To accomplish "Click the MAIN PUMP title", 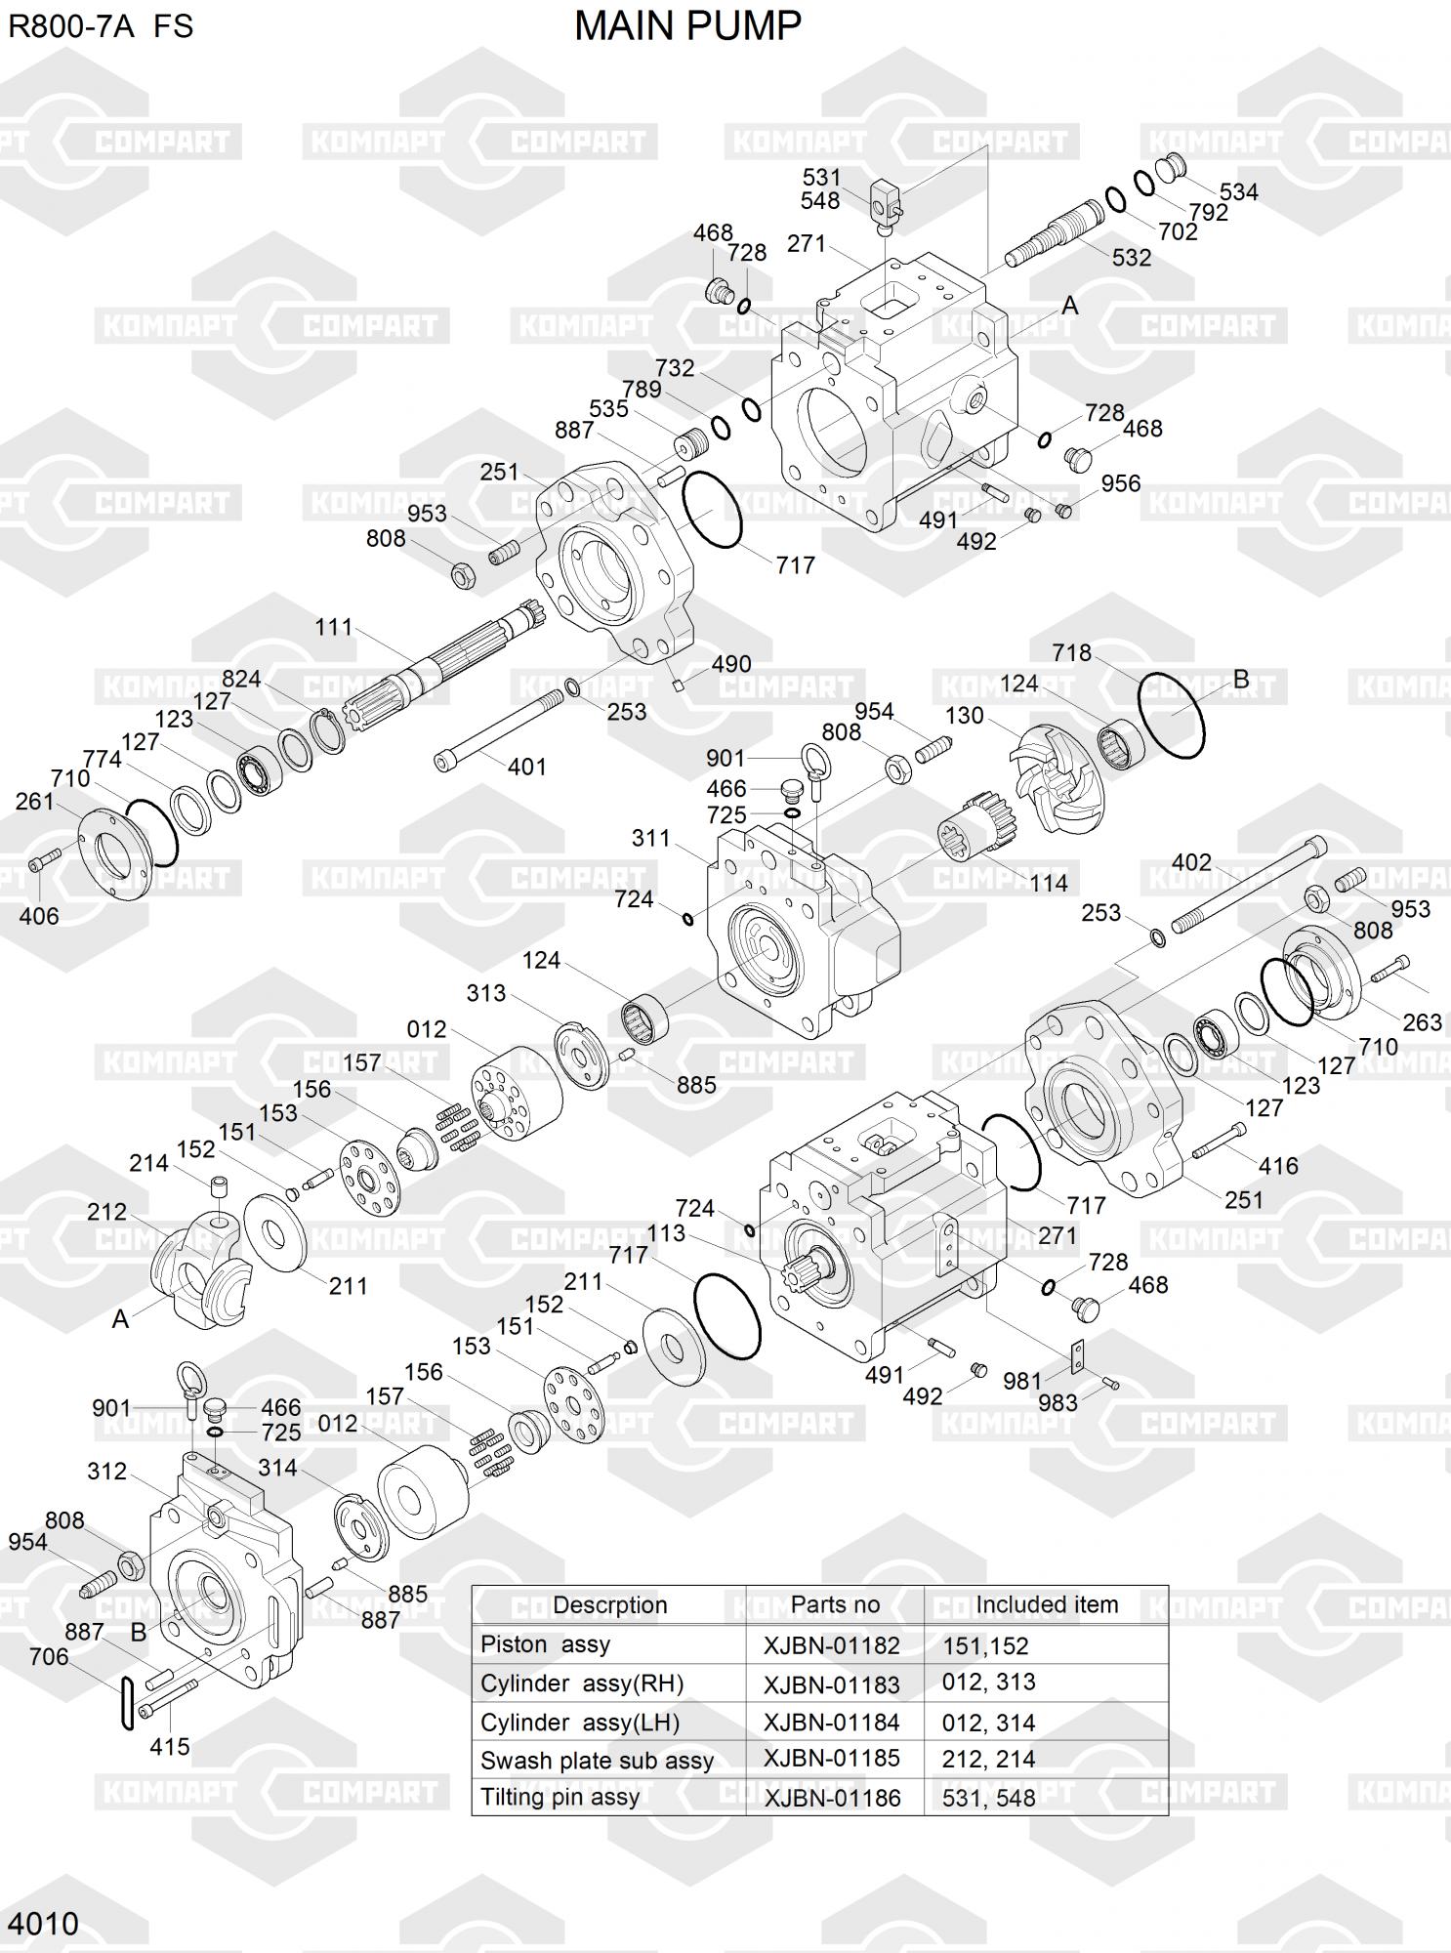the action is pos(687,26).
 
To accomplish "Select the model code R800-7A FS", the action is pos(102,26).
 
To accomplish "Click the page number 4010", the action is pos(43,1924).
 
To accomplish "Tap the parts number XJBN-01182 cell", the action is pos(832,1645).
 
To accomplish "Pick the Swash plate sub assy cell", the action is pos(597,1761).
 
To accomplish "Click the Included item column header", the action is pos(1047,1605).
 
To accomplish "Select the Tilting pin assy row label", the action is pos(560,1798).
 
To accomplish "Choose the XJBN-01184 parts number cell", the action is pos(832,1723).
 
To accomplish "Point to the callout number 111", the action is pos(334,627).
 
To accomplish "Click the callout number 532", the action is pos(1132,258).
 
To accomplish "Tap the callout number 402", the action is pos(1191,862).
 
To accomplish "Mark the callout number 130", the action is pos(965,716).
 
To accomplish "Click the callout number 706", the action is pos(49,1657).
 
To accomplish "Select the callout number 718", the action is pos(1071,652).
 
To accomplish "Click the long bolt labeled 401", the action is pos(499,727).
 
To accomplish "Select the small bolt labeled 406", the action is pos(44,860).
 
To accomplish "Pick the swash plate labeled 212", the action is pos(201,1267).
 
